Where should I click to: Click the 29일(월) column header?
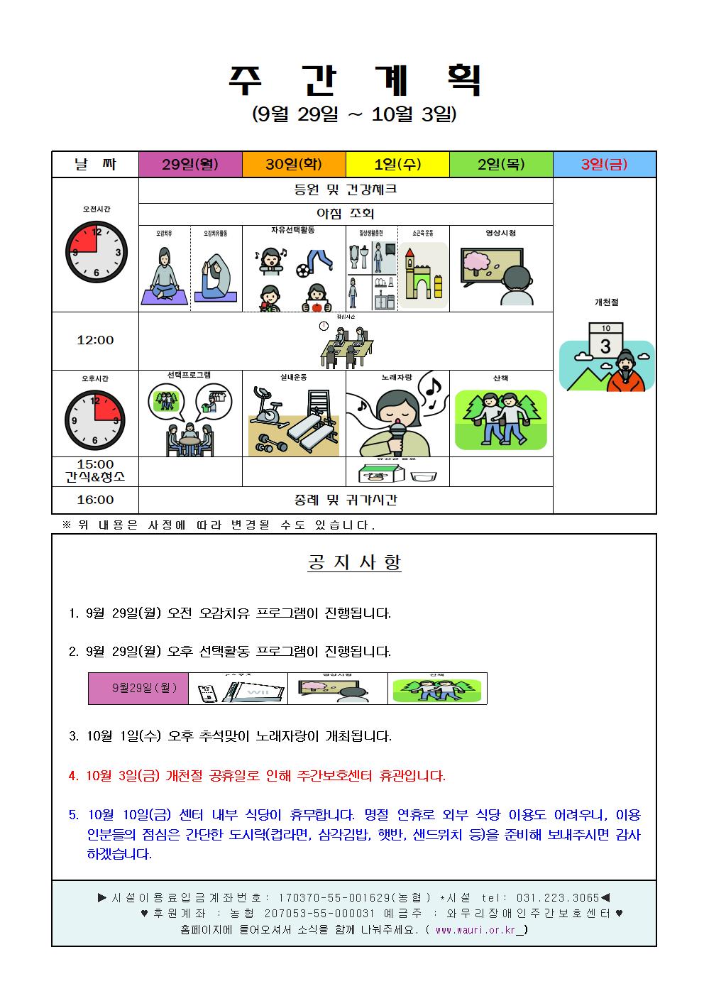click(x=190, y=165)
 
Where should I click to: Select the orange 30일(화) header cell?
click(x=294, y=165)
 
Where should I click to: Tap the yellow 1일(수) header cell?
click(x=397, y=165)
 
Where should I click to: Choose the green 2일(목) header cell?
click(x=501, y=165)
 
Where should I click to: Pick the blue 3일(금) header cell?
click(x=605, y=165)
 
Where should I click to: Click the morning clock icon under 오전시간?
click(x=96, y=252)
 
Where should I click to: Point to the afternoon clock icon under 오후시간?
click(x=95, y=420)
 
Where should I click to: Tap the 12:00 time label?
click(x=95, y=341)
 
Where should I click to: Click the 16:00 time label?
click(x=95, y=500)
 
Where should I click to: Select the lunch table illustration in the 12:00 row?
click(x=346, y=346)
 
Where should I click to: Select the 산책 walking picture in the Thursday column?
click(x=501, y=419)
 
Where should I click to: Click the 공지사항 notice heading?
click(x=354, y=563)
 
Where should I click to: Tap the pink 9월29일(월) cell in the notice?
click(x=138, y=688)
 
